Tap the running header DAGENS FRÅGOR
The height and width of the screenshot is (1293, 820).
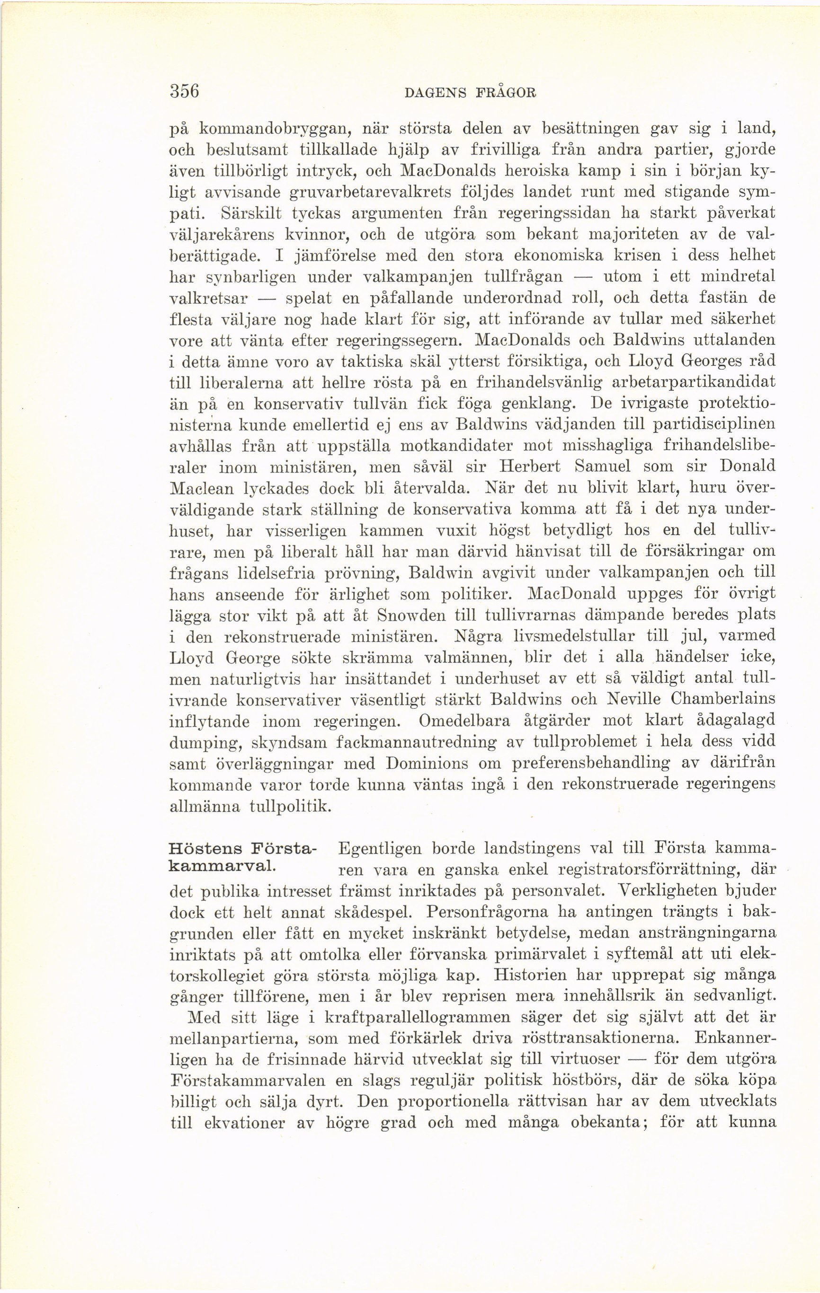(x=470, y=92)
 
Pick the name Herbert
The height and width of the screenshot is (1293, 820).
(x=529, y=466)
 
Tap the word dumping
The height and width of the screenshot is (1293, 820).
(x=202, y=743)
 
